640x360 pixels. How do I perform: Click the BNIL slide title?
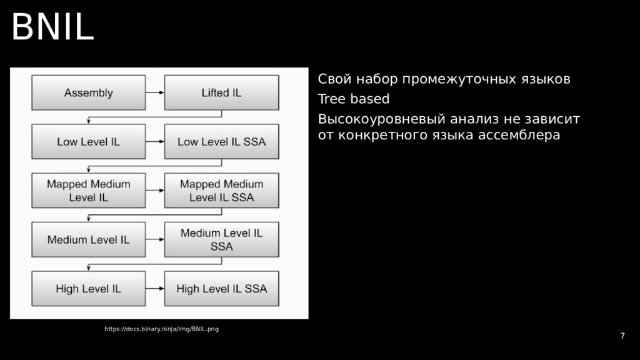52,27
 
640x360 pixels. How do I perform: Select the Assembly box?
89,93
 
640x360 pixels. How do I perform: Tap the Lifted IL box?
221,93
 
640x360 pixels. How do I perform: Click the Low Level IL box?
89,142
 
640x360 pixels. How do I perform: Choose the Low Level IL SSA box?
221,142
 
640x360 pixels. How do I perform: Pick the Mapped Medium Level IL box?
89,191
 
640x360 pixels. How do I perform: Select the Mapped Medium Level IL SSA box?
221,191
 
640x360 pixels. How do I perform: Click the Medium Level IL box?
89,239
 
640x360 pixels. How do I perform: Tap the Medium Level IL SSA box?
221,239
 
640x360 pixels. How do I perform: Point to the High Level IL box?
89,288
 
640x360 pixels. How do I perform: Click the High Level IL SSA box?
221,288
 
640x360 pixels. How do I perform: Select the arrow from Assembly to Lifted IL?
155,93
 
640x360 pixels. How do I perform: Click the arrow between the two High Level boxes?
155,288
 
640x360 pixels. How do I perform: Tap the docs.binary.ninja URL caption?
161,329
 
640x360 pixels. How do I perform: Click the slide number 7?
622,336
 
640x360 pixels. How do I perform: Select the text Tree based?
353,99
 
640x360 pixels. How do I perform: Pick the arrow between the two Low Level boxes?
155,142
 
